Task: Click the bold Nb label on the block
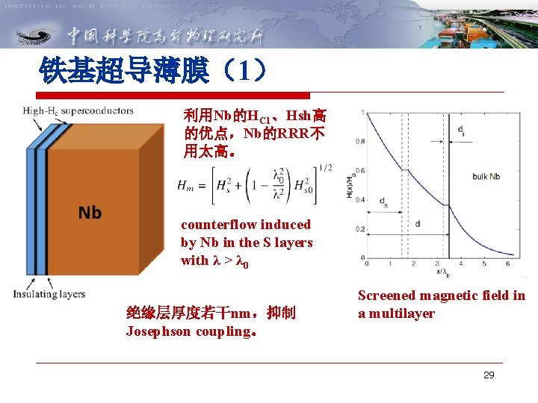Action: tap(90, 213)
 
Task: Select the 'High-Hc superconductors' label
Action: tap(78, 111)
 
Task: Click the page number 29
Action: tap(489, 375)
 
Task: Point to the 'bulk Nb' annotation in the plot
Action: tap(486, 177)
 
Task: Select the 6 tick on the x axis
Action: tap(507, 263)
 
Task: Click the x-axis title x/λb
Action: tap(443, 272)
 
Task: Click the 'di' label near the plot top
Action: tap(463, 132)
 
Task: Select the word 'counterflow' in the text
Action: tap(214, 225)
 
